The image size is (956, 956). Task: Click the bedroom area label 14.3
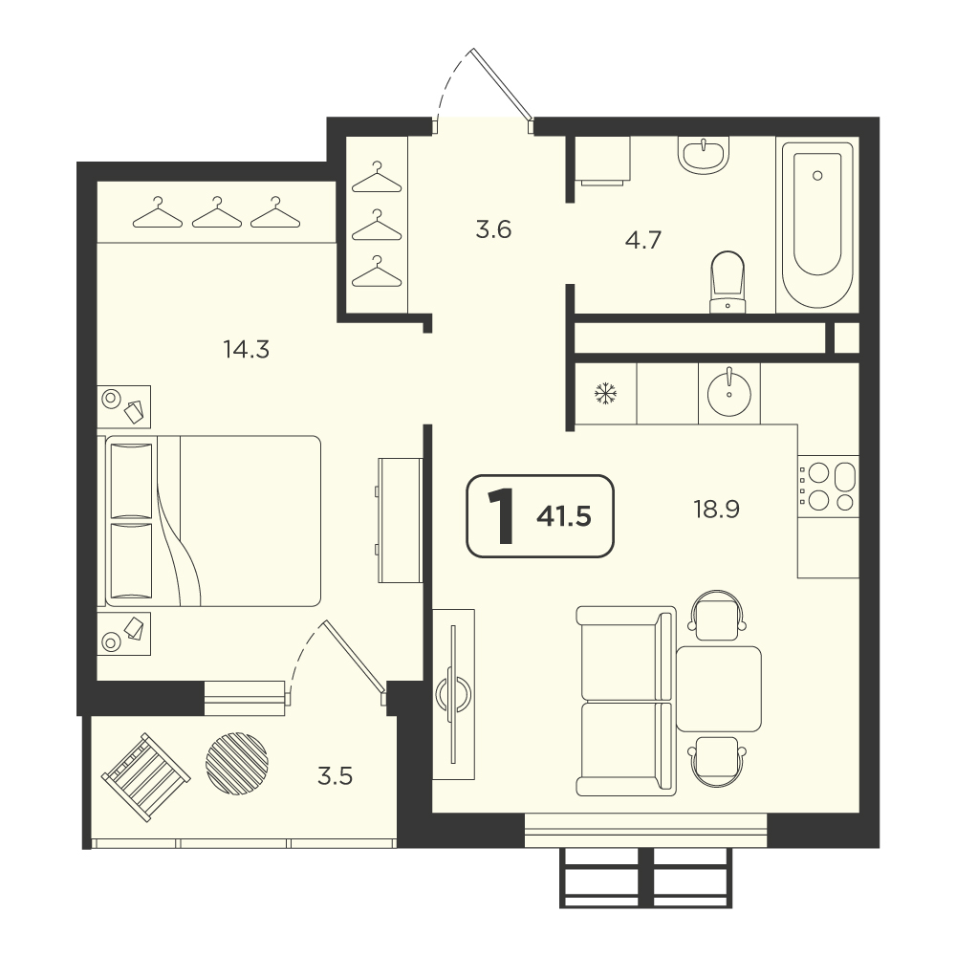247,350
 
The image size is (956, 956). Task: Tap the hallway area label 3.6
493,229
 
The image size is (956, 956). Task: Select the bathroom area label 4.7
643,240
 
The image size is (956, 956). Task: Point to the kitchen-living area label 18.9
716,509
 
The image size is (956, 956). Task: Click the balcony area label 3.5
336,776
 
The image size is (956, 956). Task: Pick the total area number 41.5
564,516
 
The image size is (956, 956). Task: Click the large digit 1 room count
501,516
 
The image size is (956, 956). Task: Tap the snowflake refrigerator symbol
605,394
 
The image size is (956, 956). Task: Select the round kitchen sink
729,394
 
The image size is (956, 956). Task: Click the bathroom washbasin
704,154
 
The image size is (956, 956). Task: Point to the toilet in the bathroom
728,282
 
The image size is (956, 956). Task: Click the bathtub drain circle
817,176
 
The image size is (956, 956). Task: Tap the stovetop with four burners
828,486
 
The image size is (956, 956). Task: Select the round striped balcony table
237,763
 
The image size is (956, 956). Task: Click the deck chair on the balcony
145,776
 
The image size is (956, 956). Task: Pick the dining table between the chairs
719,689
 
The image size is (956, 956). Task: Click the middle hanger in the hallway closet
377,226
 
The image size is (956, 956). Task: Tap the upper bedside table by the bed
123,406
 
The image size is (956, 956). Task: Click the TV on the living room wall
453,694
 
